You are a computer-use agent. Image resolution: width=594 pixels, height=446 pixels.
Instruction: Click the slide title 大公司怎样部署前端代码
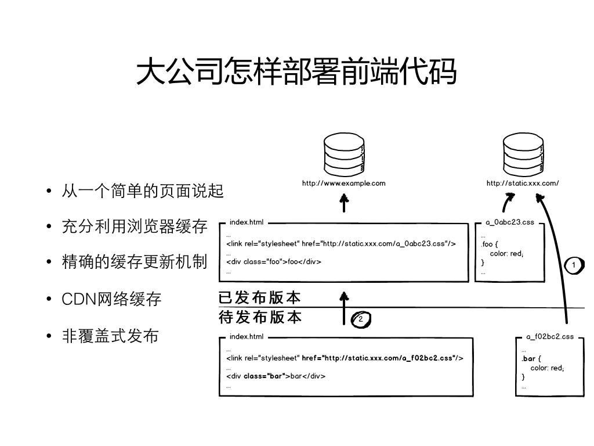(296, 71)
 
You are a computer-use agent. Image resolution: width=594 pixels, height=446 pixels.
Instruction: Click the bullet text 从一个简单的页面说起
(143, 190)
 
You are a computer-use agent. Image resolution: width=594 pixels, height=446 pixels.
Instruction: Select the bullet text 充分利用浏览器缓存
(135, 226)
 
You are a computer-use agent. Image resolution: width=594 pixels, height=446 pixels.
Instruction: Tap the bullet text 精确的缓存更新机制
(135, 262)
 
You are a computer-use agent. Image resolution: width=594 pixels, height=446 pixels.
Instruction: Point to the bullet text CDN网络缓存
(111, 299)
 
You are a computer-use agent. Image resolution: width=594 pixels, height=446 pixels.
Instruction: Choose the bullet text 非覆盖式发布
(110, 336)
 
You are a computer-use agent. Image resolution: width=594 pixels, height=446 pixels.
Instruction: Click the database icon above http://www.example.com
(344, 154)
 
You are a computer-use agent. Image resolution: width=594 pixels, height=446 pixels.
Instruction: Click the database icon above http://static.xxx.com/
(523, 154)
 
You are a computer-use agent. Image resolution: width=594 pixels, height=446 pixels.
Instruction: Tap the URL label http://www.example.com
(343, 183)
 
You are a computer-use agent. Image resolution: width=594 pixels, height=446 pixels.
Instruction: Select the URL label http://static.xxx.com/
(523, 183)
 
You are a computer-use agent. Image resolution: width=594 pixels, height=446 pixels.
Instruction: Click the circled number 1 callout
(574, 265)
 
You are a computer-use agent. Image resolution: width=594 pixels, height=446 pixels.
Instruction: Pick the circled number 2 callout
(361, 319)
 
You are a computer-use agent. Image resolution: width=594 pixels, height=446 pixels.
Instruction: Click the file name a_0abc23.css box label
(510, 222)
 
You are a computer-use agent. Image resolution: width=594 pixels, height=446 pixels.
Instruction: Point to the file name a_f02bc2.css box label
(550, 337)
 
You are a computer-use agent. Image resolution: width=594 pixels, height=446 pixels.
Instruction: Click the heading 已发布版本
(260, 297)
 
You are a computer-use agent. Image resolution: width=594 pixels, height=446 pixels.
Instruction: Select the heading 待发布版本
(260, 317)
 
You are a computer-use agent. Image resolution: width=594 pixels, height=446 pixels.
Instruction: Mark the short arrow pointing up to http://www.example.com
(344, 203)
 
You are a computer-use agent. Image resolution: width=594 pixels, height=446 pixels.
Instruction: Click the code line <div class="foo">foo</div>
(274, 262)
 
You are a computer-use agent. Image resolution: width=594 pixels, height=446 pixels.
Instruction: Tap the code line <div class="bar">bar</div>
(276, 376)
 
